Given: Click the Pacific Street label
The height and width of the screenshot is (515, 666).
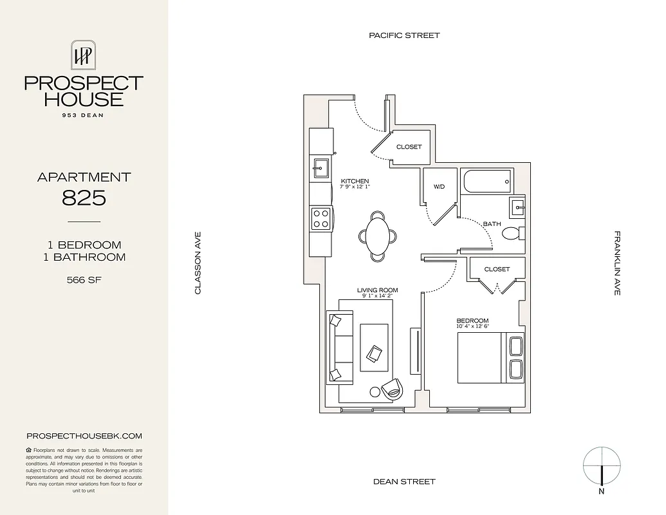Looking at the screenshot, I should click(404, 35).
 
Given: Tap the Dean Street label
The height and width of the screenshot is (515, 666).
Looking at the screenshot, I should click(404, 482).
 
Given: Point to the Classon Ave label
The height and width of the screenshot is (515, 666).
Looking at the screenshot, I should click(198, 263).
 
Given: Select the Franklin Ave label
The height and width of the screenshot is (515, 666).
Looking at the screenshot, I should click(617, 263).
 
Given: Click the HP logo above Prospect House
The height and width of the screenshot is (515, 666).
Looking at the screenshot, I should click(84, 56).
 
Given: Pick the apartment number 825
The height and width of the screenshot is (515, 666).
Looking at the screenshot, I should click(84, 198).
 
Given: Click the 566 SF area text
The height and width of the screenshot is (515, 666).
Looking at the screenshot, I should click(84, 280).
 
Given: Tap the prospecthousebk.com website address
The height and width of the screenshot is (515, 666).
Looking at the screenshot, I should click(84, 436).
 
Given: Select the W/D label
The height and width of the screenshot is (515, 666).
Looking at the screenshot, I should click(439, 187).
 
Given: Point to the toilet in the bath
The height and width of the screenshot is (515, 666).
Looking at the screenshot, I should click(512, 233).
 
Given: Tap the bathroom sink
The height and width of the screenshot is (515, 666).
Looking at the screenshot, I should click(517, 208).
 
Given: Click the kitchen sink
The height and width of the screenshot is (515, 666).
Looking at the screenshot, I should click(320, 171).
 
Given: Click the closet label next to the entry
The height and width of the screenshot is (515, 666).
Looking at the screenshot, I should click(409, 147).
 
